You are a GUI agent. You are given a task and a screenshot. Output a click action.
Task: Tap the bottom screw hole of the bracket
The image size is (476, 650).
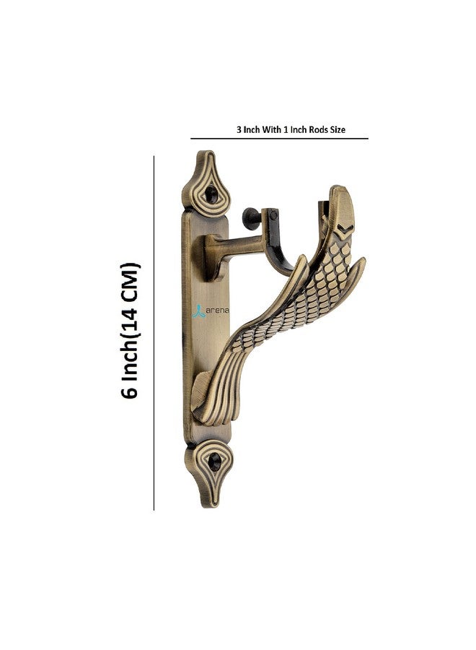point(215,461)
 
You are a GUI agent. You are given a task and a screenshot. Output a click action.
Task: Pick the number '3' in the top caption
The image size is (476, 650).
point(239,130)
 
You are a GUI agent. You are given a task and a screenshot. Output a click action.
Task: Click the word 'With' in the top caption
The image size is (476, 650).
point(271,130)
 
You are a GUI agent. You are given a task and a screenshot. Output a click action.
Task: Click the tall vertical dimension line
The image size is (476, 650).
point(154,332)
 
